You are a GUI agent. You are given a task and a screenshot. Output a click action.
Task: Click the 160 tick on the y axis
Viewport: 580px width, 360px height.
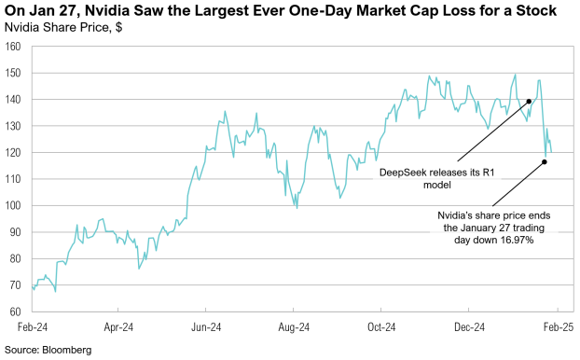click(15, 47)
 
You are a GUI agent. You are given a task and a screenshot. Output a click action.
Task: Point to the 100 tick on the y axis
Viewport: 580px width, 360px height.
click(15, 205)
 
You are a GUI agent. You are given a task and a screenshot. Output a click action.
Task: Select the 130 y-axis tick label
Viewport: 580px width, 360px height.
click(15, 126)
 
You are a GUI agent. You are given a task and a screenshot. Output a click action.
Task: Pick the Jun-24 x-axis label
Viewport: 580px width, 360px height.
click(206, 328)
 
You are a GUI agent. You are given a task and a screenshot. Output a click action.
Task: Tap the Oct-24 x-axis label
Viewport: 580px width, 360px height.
click(381, 328)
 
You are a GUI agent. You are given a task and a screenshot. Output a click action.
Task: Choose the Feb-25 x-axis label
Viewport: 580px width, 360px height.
click(558, 328)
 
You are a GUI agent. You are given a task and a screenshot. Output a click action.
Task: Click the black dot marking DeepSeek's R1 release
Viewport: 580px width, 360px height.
click(529, 101)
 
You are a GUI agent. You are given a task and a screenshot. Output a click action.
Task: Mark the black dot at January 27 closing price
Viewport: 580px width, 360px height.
click(544, 162)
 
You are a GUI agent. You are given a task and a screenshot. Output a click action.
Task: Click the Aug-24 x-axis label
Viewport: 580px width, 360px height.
click(294, 328)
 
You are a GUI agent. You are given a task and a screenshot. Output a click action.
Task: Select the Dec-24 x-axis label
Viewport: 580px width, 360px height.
click(469, 328)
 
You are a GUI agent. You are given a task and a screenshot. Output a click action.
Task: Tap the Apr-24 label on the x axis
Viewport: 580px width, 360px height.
click(118, 328)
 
